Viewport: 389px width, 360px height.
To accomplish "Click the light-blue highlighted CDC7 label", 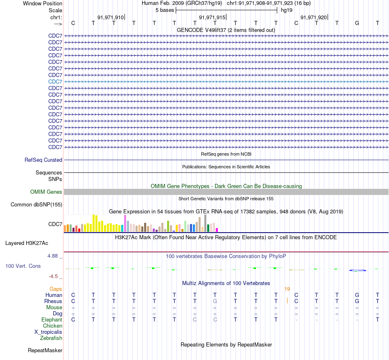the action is coord(55,82).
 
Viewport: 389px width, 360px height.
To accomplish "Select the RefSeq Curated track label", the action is coord(43,160).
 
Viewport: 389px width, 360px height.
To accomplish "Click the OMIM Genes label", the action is coord(46,192).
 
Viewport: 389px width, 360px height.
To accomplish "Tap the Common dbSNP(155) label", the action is coord(36,204).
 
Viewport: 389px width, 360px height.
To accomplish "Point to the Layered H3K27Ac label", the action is coord(27,243).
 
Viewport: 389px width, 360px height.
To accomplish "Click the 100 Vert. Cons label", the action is coord(23,266).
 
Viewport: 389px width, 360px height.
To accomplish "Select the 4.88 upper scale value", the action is coord(52,256).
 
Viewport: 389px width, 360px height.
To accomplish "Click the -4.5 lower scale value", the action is coord(53,276).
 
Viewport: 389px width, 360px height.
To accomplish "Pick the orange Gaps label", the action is coord(56,289).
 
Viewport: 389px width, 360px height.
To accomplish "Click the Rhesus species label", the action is coord(53,301).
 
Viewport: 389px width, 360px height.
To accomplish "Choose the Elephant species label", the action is coord(52,319).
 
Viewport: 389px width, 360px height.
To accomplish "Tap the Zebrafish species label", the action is coord(51,338).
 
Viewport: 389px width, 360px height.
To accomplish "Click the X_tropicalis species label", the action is coord(48,332).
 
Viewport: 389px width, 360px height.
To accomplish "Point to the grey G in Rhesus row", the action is coord(215,301).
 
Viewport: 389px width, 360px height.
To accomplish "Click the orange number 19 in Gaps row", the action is coord(287,289).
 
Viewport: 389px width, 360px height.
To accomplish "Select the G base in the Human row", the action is coord(357,295).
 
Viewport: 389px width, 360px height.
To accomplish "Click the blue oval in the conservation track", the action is coord(357,270).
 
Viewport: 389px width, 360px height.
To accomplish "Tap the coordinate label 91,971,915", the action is coord(212,17).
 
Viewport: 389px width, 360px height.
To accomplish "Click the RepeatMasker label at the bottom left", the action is coord(45,350).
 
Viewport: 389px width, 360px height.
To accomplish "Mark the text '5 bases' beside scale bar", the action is coord(165,10).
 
